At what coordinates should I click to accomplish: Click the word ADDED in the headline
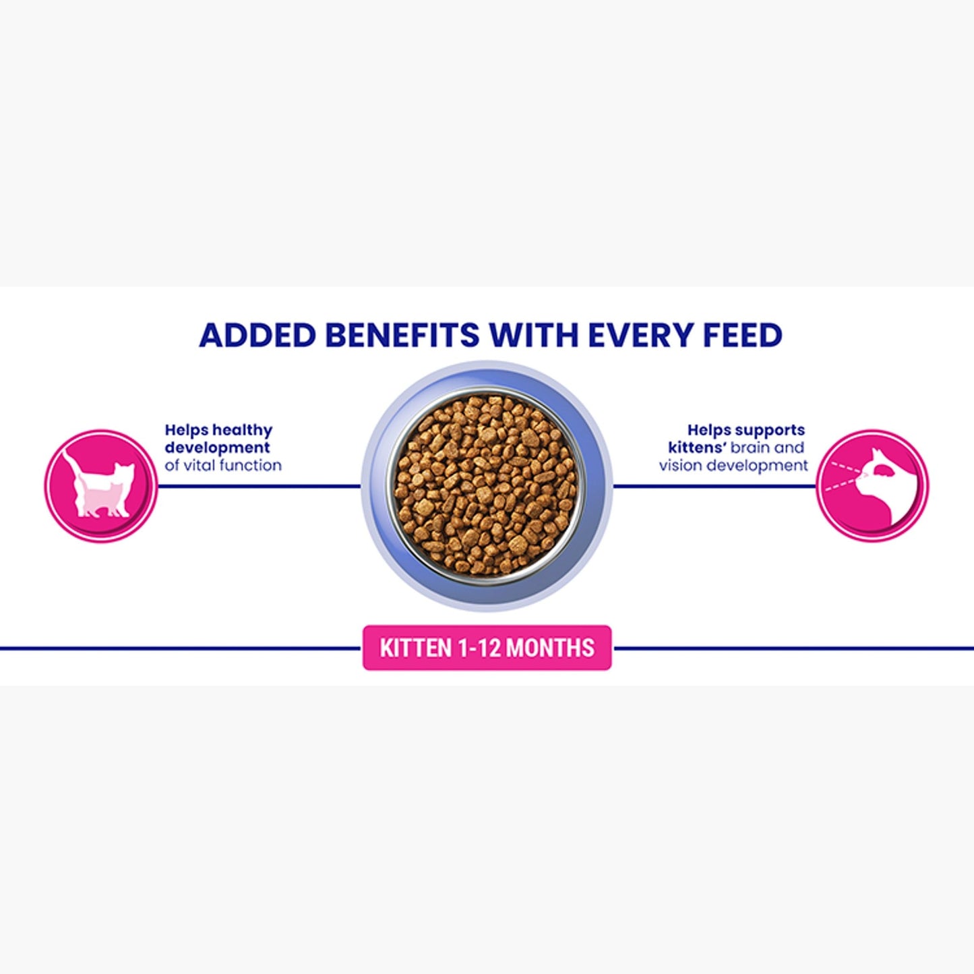[x=257, y=335]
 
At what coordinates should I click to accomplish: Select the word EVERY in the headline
[x=640, y=335]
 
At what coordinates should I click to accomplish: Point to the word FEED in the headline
[x=742, y=335]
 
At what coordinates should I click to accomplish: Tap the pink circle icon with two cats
[x=101, y=486]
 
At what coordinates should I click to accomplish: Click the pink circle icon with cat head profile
[x=872, y=486]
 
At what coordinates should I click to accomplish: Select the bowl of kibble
[x=487, y=486]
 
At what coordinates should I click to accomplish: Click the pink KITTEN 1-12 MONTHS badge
[x=487, y=648]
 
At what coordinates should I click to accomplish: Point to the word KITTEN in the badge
[x=415, y=648]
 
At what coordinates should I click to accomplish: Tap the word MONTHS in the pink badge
[x=550, y=648]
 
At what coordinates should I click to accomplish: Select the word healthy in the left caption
[x=243, y=430]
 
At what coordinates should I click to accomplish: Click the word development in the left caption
[x=217, y=448]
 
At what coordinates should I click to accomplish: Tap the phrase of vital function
[x=223, y=465]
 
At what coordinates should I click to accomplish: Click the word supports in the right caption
[x=770, y=430]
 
